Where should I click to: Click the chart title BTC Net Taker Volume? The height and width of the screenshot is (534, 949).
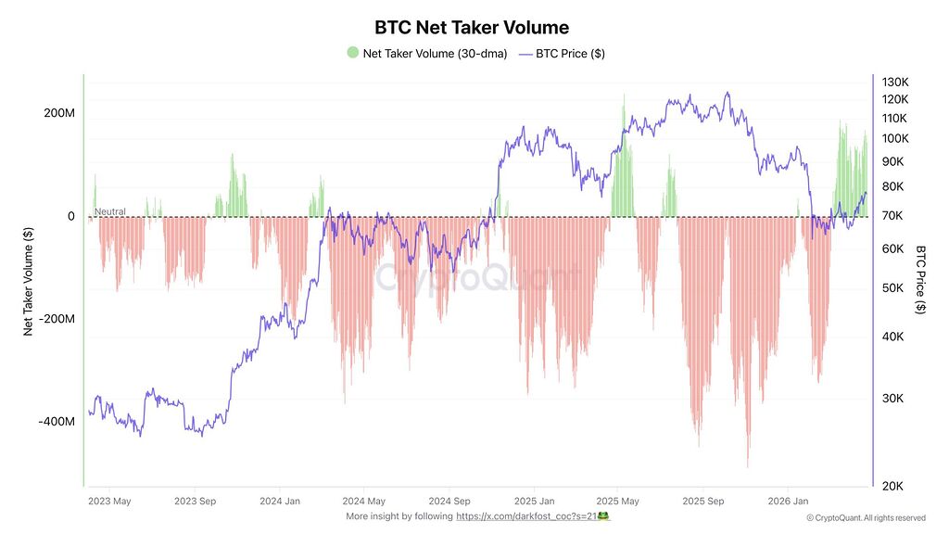(472, 27)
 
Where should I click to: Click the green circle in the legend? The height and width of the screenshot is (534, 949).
(353, 53)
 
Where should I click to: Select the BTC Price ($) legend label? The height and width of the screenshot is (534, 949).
(570, 53)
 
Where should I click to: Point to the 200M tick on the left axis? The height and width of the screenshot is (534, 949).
(59, 113)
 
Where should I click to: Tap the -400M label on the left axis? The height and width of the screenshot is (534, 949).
(57, 422)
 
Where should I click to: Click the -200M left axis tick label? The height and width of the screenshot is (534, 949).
(57, 319)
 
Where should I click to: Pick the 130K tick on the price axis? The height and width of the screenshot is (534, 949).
(895, 82)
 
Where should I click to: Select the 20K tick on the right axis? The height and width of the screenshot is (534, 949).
(892, 486)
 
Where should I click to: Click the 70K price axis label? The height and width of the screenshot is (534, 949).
(892, 215)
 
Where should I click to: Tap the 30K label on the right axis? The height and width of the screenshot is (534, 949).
(892, 398)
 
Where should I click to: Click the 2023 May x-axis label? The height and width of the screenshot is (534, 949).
(109, 501)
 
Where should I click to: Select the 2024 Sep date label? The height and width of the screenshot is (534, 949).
(449, 501)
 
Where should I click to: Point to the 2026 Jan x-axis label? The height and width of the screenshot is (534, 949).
(788, 501)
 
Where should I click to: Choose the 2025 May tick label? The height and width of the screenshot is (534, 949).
(617, 501)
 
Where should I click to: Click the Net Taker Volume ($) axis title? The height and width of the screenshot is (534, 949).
(28, 282)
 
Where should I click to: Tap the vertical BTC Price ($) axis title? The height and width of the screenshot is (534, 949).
(920, 280)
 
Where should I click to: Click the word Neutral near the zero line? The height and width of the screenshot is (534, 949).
(110, 211)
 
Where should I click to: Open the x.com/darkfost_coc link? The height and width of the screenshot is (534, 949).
(527, 516)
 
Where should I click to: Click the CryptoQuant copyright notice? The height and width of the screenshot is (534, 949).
(867, 517)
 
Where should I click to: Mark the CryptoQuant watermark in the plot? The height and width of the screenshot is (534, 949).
(477, 278)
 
